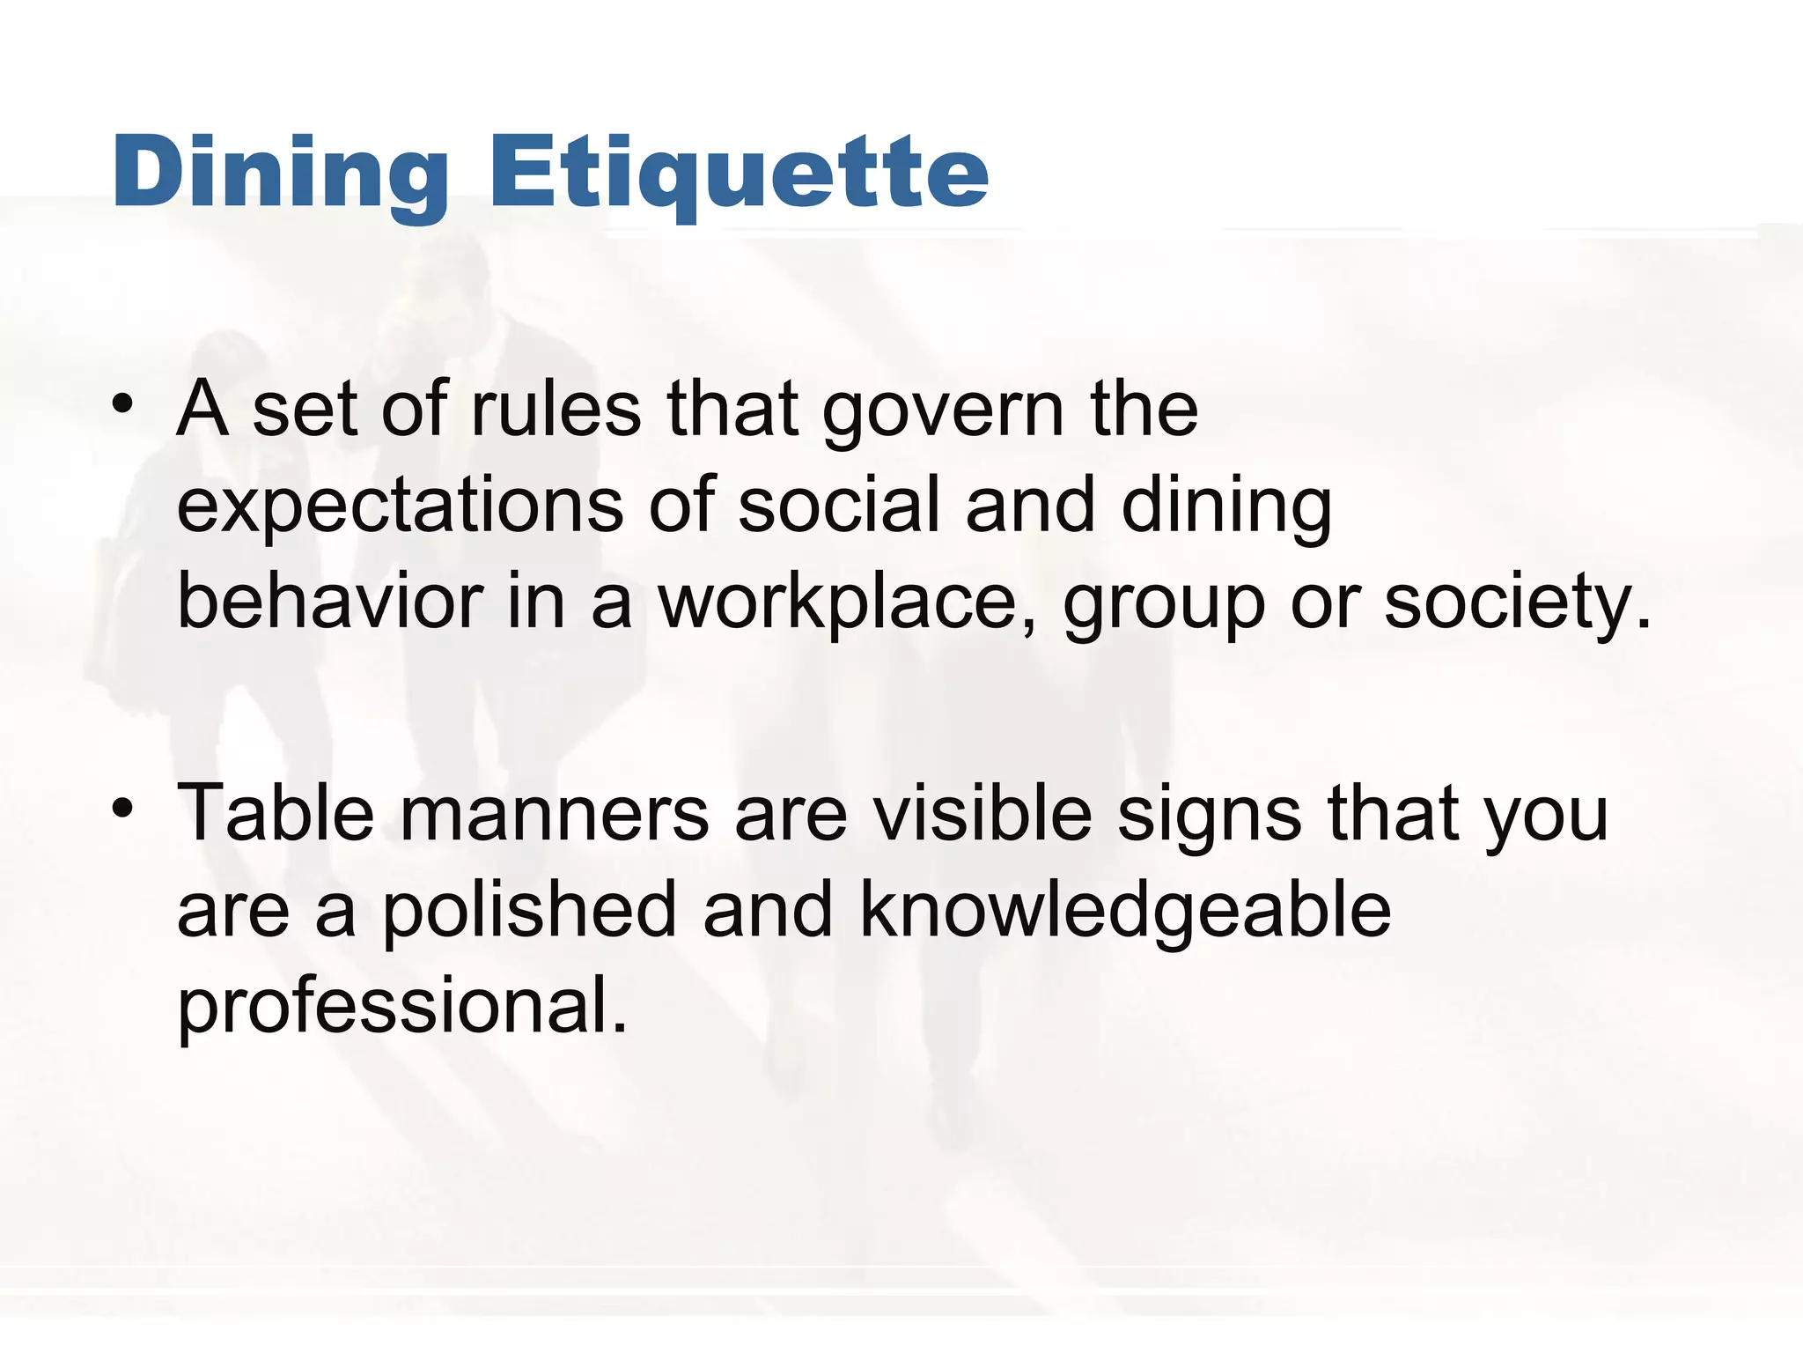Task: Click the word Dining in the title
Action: pyautogui.click(x=281, y=174)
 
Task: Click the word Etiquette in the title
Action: pyautogui.click(x=739, y=174)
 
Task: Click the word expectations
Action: pyautogui.click(x=401, y=508)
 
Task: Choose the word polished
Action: pyautogui.click(x=529, y=912)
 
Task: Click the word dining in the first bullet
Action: pyautogui.click(x=1225, y=508)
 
